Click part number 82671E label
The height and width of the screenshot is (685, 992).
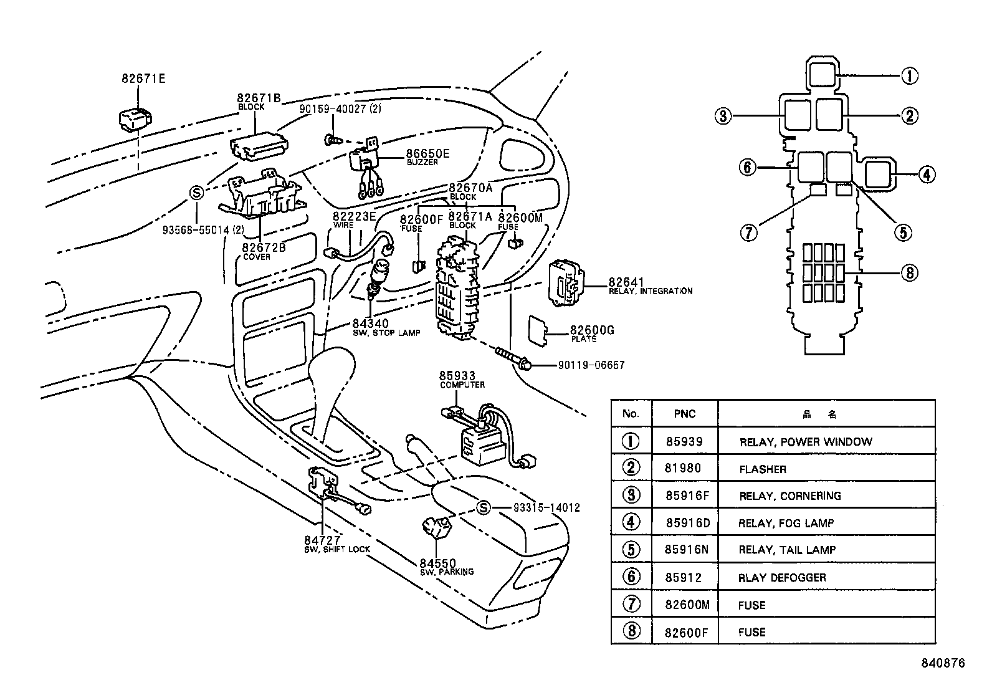143,79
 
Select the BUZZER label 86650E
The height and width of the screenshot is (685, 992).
427,156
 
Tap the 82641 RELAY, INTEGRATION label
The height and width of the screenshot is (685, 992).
649,286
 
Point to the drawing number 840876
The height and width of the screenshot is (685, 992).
942,663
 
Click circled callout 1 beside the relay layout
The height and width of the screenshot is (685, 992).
909,76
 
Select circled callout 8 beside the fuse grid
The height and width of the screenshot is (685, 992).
909,272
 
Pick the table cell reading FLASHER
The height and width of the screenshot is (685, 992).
763,469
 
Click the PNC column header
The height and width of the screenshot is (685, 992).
684,414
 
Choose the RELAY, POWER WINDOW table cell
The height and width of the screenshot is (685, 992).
805,442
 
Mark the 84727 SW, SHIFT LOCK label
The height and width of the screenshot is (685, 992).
336,544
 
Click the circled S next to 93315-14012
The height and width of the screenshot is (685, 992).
483,507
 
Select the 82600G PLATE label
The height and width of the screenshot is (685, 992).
591,333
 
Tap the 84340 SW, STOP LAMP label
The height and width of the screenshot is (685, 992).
385,327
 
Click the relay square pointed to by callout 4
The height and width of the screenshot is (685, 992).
878,174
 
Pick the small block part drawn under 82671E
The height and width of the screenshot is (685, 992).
136,120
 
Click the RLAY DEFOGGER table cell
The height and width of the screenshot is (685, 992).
782,578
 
